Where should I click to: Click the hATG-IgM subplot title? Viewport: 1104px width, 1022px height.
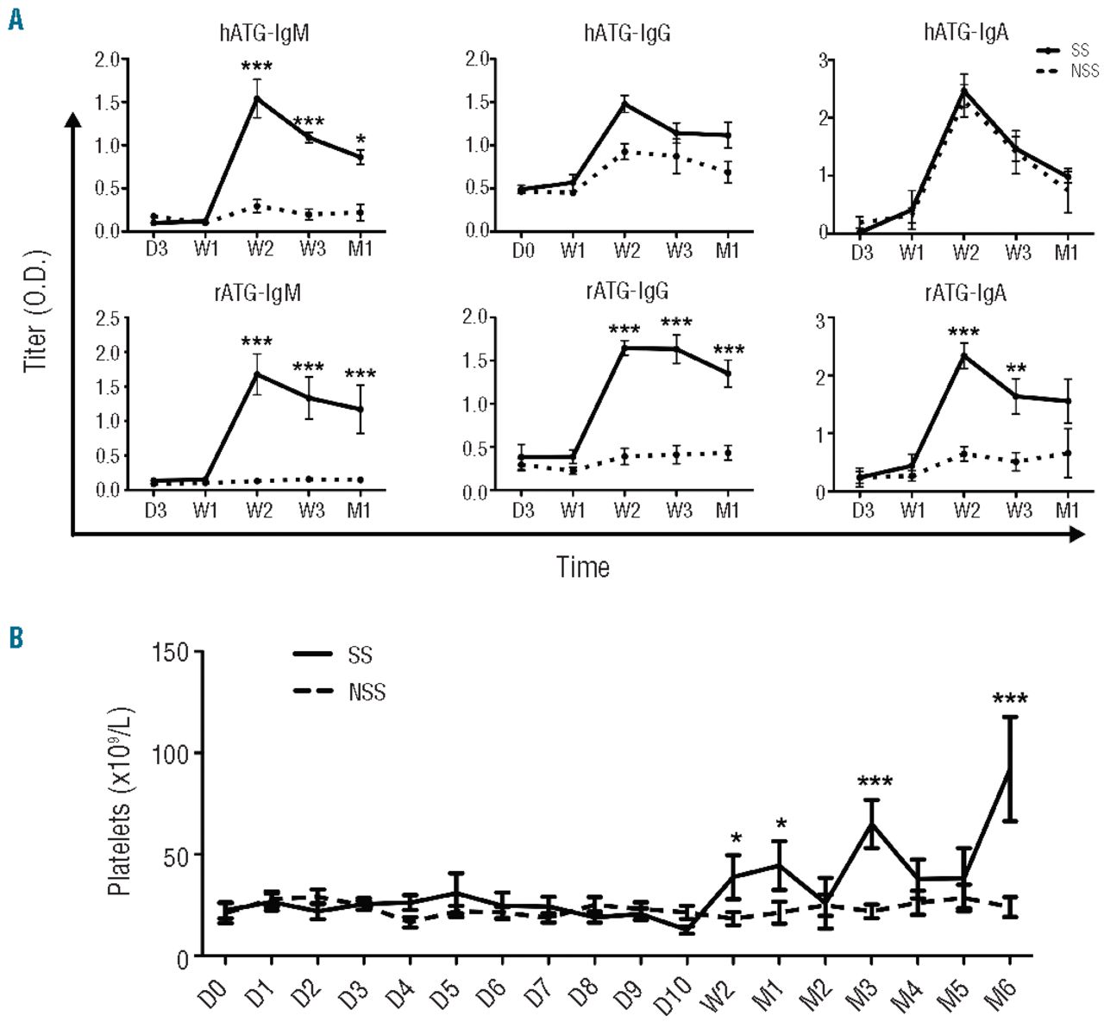point(264,34)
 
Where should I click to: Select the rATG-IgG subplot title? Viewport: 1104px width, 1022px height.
point(627,291)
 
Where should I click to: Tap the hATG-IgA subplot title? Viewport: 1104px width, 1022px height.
point(965,33)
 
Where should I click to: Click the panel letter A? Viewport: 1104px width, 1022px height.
point(15,18)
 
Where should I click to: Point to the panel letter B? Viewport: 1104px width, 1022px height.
point(15,637)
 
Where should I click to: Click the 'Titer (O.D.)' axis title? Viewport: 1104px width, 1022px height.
point(36,310)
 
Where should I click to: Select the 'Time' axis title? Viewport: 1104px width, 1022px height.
point(583,567)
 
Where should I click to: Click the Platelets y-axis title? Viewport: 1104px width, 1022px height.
point(120,801)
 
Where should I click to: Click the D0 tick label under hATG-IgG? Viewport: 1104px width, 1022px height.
point(523,251)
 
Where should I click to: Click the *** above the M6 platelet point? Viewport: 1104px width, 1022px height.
point(1010,699)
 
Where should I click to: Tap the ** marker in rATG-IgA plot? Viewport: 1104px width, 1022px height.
point(1017,372)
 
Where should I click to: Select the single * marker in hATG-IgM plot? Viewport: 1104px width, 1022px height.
point(361,140)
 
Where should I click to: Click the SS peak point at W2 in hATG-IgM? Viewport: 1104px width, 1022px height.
point(257,97)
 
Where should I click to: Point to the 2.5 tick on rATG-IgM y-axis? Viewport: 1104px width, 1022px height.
point(108,318)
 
